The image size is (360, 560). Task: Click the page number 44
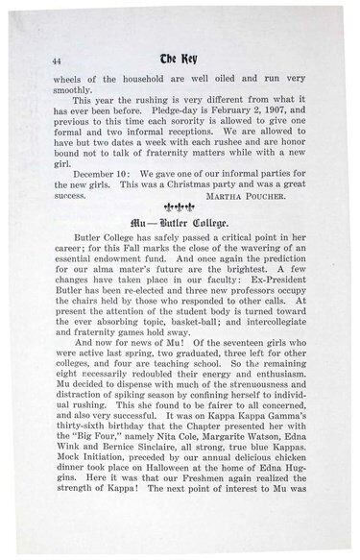pos(45,60)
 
